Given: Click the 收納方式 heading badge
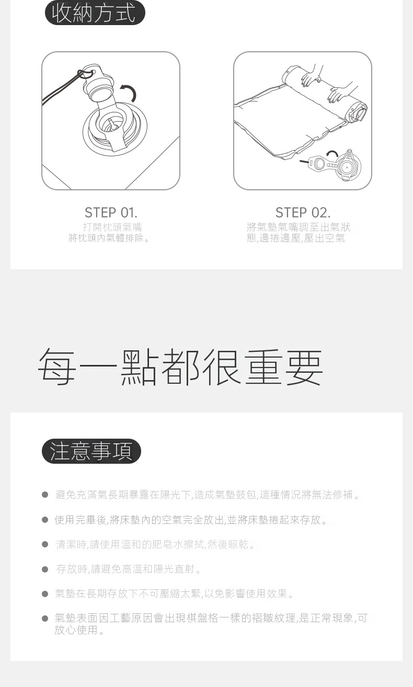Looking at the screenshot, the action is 95,13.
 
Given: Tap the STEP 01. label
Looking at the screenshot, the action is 111,213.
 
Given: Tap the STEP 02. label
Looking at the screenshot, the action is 303,213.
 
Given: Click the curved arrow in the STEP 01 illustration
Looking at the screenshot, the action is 129,91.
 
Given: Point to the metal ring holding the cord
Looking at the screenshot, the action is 86,74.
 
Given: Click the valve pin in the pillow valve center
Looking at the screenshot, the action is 112,125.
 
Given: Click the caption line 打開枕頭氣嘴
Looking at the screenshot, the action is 112,227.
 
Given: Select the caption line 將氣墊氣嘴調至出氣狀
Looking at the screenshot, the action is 299,227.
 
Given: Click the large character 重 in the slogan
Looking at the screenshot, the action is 263,367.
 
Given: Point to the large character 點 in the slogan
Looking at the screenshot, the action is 139,367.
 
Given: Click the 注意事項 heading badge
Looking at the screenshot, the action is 91,451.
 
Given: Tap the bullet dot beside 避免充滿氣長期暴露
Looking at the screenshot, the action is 45,495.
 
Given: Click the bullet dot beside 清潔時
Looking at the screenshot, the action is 45,544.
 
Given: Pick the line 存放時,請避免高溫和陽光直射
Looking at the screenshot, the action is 129,569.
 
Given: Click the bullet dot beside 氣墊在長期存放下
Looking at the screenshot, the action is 45,594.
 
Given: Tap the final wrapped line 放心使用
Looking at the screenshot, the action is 79,630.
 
